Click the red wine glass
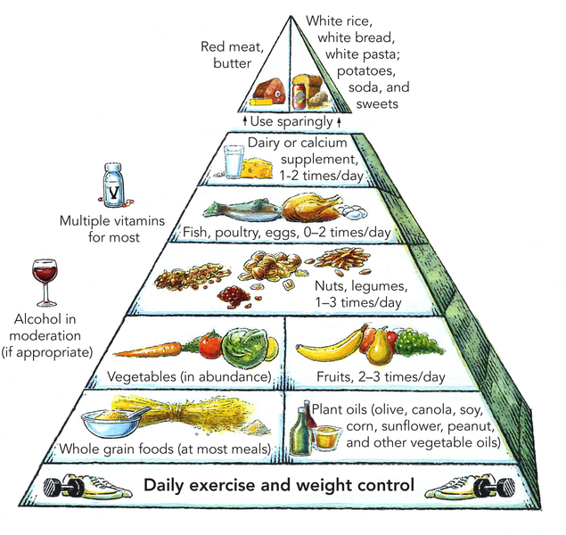[45, 283]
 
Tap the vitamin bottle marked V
[113, 185]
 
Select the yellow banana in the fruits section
[330, 345]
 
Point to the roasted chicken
[311, 207]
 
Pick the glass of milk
[234, 161]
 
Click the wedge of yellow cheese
[257, 168]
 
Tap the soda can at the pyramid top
[299, 96]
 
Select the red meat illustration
[269, 91]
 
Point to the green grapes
[419, 342]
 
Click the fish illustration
[242, 210]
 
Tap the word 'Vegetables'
[142, 376]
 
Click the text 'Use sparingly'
[291, 121]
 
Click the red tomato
[209, 345]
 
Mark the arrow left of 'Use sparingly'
[245, 121]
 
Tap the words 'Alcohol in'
[45, 319]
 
